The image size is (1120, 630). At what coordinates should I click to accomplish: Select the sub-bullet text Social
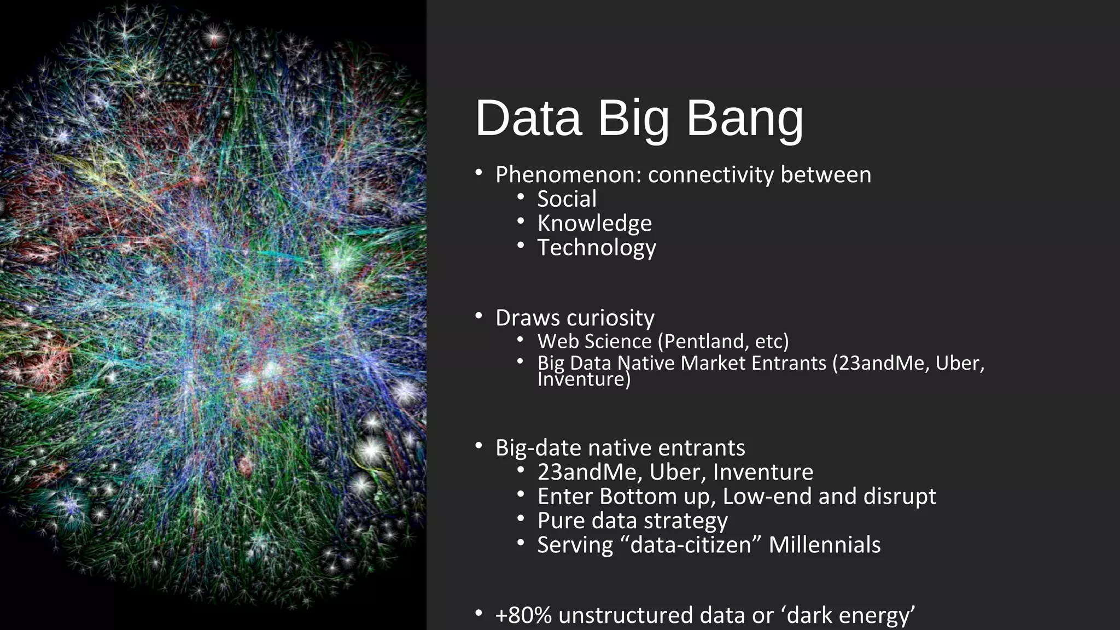[567, 199]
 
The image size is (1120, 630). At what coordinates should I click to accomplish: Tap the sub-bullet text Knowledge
[594, 223]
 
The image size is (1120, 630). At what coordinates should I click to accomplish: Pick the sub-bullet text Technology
[596, 248]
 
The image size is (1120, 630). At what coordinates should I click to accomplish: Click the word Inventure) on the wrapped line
[584, 379]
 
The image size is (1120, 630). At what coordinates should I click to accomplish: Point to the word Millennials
[824, 545]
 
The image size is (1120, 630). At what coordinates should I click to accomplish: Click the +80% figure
[523, 615]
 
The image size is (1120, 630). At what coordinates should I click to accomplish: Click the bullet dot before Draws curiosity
[479, 317]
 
